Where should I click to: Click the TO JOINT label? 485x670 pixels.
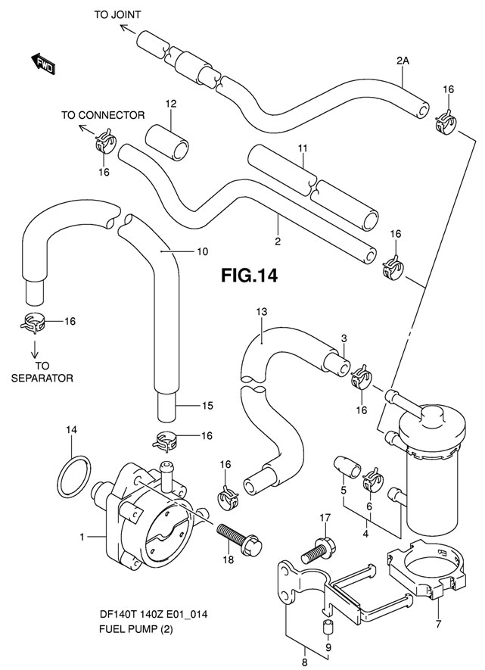pos(117,14)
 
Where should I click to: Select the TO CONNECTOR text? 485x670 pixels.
pos(103,115)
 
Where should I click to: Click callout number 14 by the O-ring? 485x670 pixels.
pos(70,430)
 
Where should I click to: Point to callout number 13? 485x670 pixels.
pos(262,312)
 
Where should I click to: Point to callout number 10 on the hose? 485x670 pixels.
pos(201,251)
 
